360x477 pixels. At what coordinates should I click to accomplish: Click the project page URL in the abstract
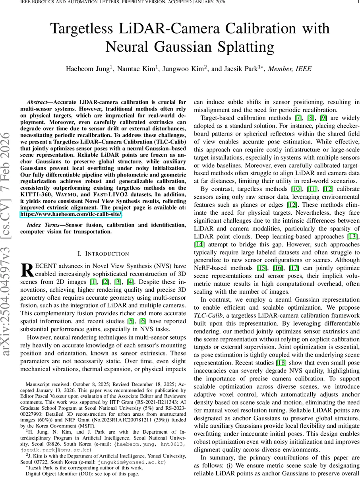[71, 214]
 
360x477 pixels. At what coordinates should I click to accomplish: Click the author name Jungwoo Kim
[184, 69]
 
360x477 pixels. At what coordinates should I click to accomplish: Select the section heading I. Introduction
[103, 254]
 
